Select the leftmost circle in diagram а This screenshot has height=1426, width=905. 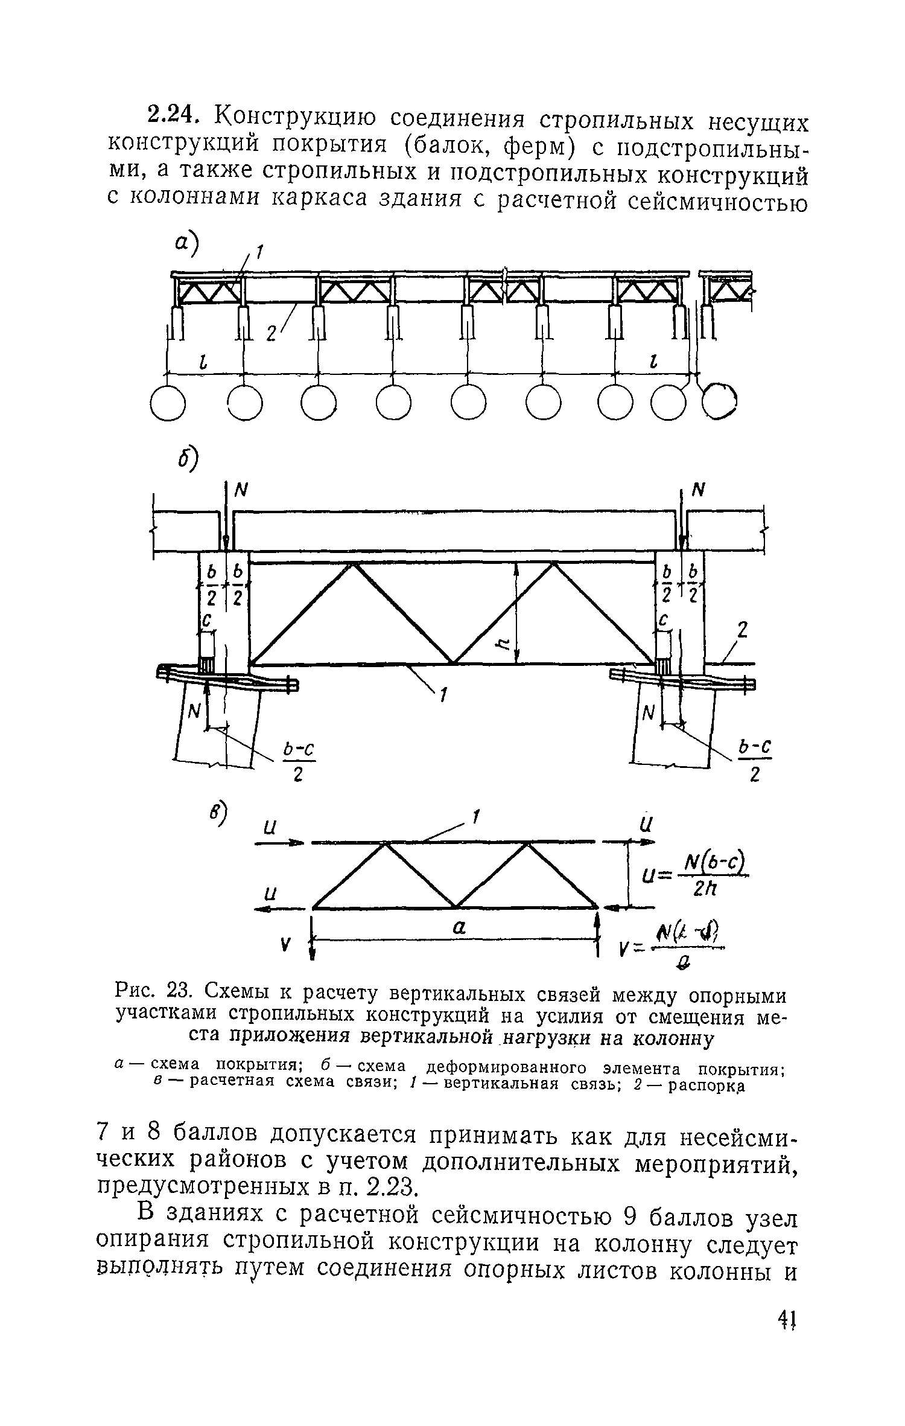(x=167, y=403)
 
